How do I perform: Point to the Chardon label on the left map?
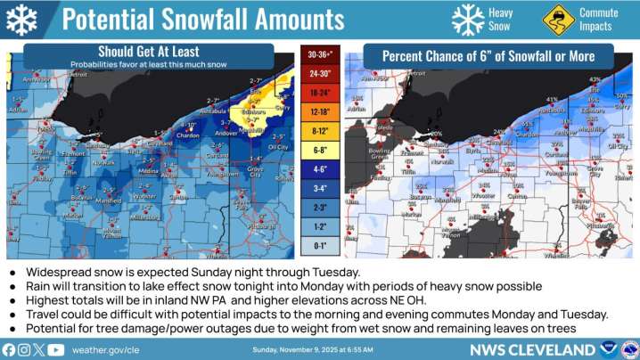point(186,135)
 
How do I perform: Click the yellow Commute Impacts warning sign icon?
point(556,19)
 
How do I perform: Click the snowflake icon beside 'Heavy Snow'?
point(468,19)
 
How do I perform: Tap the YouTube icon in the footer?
point(56,349)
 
